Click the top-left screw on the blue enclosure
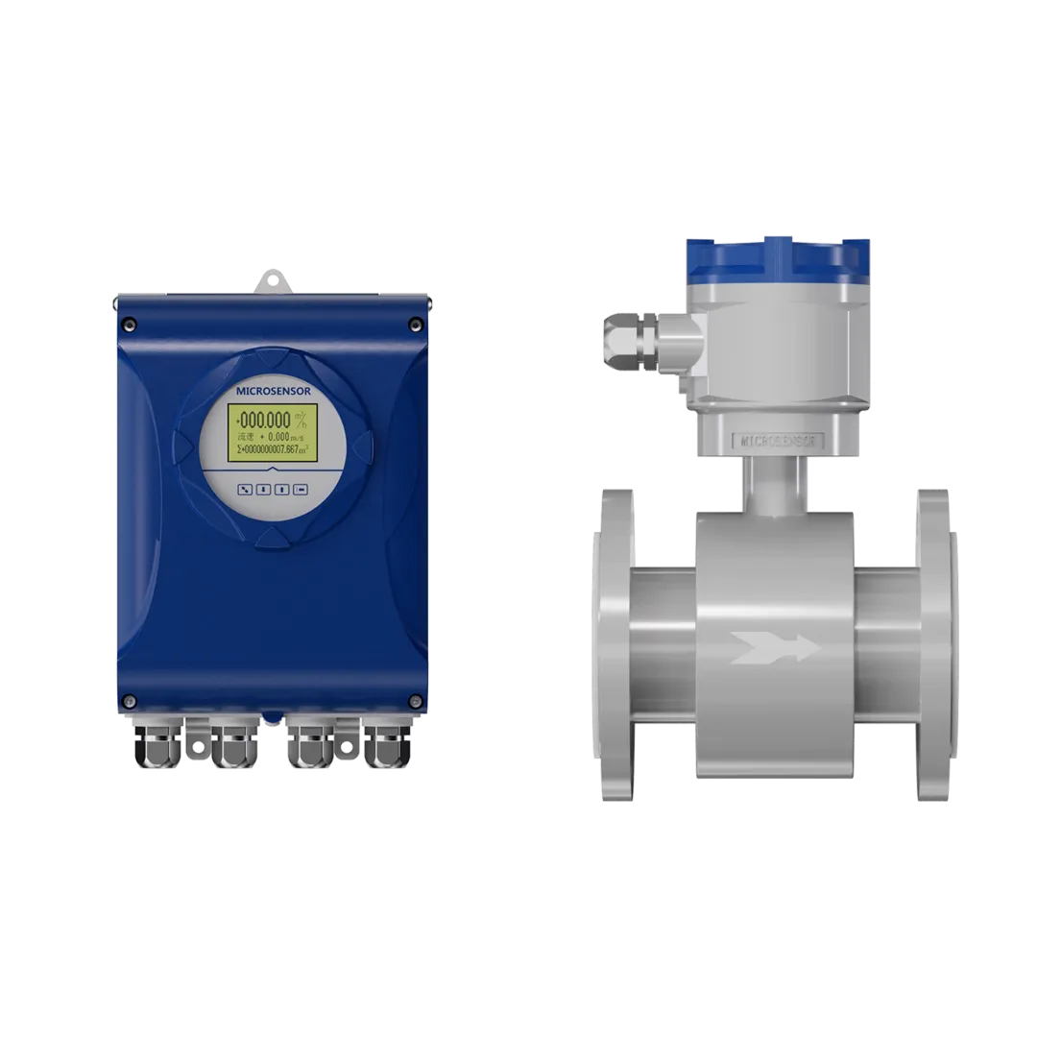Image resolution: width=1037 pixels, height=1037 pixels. point(131,324)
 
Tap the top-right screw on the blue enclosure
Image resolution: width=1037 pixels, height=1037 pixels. point(415,324)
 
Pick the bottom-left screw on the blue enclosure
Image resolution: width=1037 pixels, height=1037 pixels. point(131,699)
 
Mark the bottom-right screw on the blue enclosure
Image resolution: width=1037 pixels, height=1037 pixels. point(415,699)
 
